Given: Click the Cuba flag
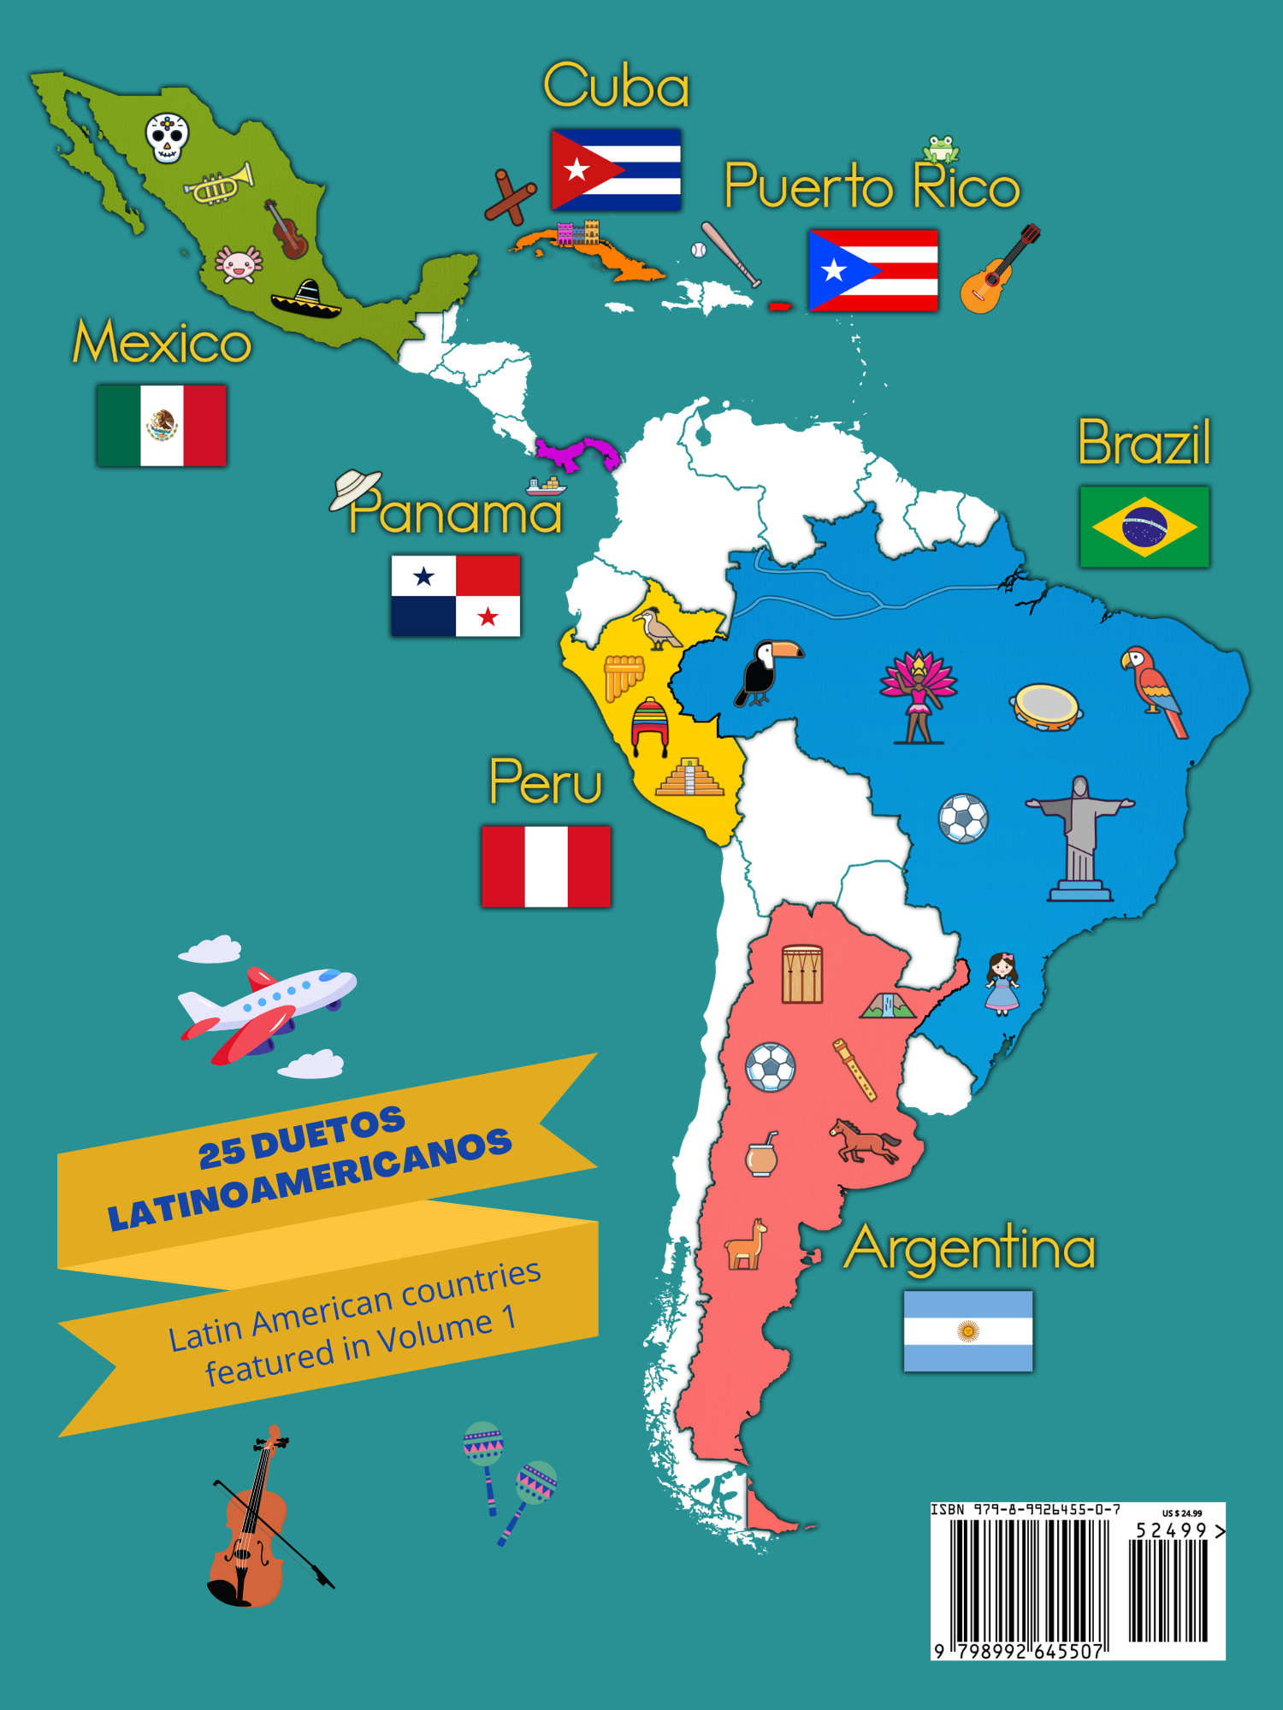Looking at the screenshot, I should point(616,169).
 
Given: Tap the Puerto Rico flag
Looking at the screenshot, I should point(873,270).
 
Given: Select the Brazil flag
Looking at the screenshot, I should point(1144,527).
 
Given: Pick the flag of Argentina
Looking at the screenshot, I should point(968,1331).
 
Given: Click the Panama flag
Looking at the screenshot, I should point(455,596).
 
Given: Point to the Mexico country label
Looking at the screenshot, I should point(162,342).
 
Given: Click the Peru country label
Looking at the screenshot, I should point(546,781).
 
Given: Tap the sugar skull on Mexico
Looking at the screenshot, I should point(167,137).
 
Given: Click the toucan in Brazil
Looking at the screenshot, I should point(767,673).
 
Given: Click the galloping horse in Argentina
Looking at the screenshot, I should point(864,1141).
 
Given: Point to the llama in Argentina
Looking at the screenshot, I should point(745,1245).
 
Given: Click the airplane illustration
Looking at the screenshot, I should point(265,1009).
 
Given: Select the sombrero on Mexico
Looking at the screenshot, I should point(305,299).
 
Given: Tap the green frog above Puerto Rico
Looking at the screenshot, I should point(941,149).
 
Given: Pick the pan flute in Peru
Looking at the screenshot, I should point(623,675).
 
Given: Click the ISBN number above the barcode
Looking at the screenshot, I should point(1026,1510).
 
